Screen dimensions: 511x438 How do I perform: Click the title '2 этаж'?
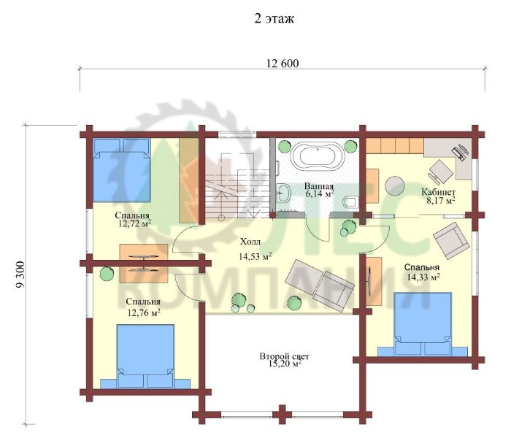pos(274,18)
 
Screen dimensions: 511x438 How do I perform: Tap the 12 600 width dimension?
pos(283,64)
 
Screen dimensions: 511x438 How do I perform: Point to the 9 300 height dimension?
pos(20,274)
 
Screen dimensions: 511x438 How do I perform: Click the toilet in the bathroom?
pos(350,201)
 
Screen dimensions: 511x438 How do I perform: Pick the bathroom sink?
pos(284,193)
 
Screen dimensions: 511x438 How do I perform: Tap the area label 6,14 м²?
pos(320,194)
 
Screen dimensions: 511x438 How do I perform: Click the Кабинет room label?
pos(438,191)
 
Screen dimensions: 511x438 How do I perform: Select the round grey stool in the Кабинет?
pos(395,186)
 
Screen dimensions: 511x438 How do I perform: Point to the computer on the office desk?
pos(460,152)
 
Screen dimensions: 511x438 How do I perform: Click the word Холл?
pos(250,242)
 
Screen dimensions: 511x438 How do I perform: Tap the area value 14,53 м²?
pos(255,256)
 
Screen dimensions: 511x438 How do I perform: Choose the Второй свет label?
pos(284,356)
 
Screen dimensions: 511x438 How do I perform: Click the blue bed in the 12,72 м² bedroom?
pos(122,170)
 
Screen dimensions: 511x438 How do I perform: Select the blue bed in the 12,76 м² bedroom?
pos(145,356)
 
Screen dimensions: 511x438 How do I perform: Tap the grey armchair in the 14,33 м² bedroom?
pos(451,241)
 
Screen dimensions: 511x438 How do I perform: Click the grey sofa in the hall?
pos(320,285)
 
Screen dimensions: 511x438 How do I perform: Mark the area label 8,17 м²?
pos(441,200)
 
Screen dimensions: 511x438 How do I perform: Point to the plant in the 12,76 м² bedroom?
pos(107,274)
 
